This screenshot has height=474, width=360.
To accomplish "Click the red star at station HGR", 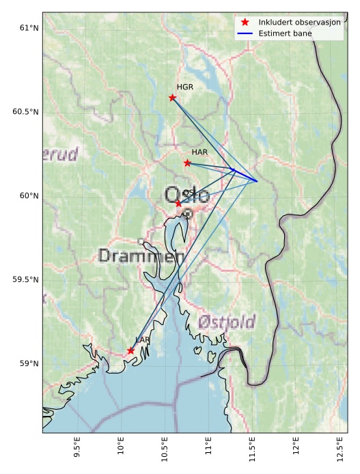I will click(172, 98).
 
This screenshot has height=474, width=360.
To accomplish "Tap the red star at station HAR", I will click(187, 163).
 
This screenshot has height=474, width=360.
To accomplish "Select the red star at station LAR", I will click(130, 350).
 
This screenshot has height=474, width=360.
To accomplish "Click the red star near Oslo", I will click(178, 204).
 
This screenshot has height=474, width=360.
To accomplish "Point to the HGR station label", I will click(185, 87).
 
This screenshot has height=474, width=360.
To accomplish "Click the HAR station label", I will click(199, 152).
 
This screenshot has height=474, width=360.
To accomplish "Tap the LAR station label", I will click(143, 339).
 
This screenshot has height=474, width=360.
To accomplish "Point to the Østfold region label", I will click(227, 322).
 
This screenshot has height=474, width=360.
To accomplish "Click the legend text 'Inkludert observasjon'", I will click(299, 23).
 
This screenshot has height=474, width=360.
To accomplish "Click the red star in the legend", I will click(245, 23).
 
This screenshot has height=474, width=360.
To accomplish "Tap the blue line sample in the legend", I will click(245, 33).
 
